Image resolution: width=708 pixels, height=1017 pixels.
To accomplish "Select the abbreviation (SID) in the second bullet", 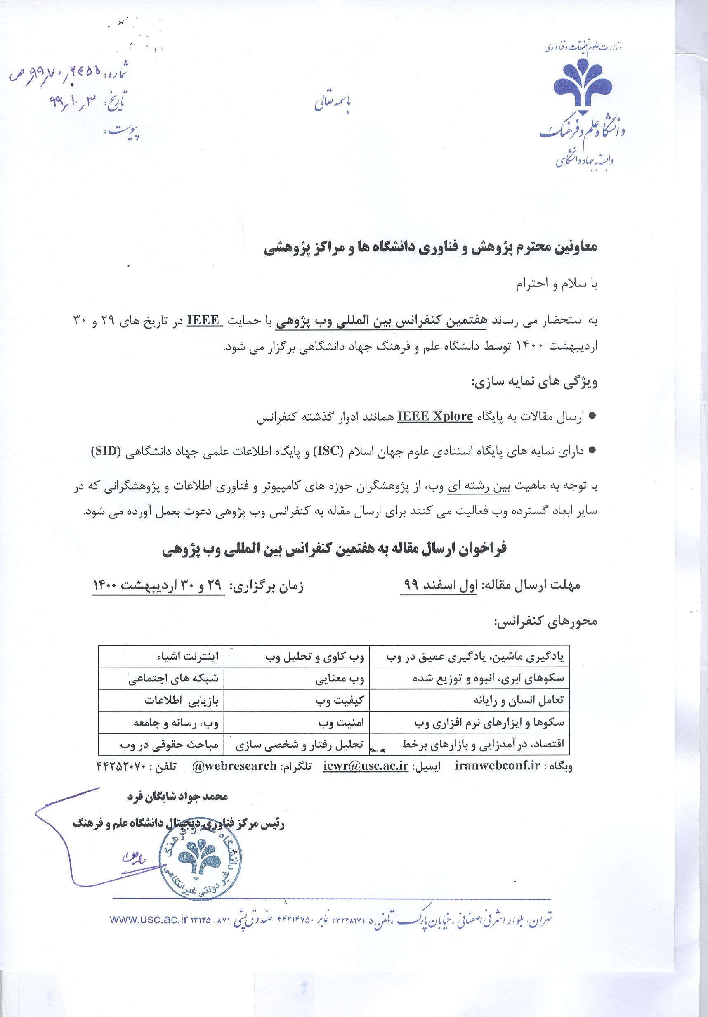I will (x=108, y=451).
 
